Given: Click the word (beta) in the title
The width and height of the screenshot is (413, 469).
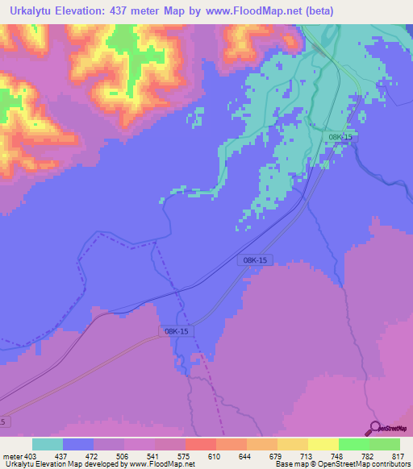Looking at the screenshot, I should [x=316, y=11].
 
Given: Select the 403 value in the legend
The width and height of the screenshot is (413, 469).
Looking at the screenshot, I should [x=31, y=455].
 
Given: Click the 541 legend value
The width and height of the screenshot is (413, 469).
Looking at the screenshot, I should [x=154, y=455].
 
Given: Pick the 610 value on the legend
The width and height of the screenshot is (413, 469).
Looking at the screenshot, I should [x=215, y=455].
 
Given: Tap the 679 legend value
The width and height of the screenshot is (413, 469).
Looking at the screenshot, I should [x=277, y=455].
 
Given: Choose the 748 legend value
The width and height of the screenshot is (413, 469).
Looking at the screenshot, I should [x=338, y=455].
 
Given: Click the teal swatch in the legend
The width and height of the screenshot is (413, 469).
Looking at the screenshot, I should [x=47, y=444].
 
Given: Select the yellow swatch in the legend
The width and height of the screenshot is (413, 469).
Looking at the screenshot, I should [x=323, y=444].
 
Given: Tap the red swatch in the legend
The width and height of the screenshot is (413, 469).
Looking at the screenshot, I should [x=200, y=444].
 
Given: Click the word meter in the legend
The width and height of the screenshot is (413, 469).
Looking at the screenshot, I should [x=12, y=455].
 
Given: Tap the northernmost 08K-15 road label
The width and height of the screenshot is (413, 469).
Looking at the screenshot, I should [x=340, y=138].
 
